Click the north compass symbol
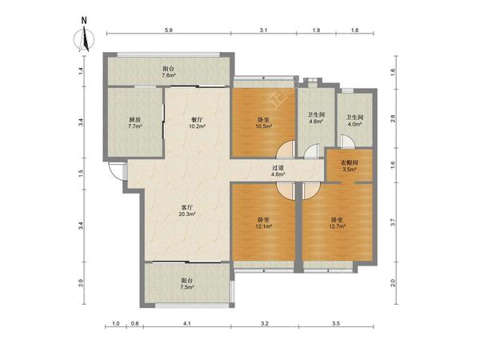[x=84, y=36]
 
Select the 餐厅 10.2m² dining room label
[x=196, y=122]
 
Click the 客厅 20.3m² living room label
[x=187, y=210]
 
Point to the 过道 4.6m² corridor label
[x=278, y=171]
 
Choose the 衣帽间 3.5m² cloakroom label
[x=350, y=166]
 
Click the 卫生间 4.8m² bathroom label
[x=316, y=118]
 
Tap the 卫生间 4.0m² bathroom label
[x=354, y=121]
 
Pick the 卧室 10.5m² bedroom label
[x=263, y=122]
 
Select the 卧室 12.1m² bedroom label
[x=263, y=223]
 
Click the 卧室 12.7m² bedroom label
[x=337, y=223]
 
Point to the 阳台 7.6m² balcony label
[x=169, y=72]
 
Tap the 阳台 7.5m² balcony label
[x=187, y=284]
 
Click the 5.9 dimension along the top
[x=169, y=30]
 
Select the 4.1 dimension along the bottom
[x=187, y=323]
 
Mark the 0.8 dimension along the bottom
[x=135, y=323]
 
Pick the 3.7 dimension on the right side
[x=394, y=222]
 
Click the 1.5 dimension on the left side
[x=81, y=174]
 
